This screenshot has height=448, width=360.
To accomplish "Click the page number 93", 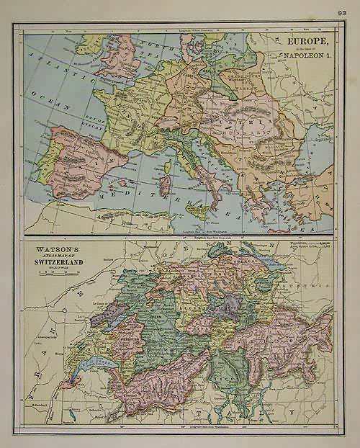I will (x=341, y=12).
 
